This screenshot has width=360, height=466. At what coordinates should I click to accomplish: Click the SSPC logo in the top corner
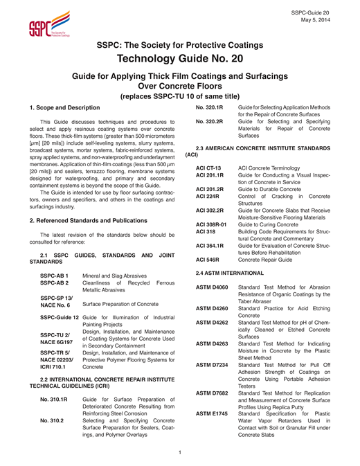(43, 25)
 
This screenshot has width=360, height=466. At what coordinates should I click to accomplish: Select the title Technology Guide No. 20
(179, 60)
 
